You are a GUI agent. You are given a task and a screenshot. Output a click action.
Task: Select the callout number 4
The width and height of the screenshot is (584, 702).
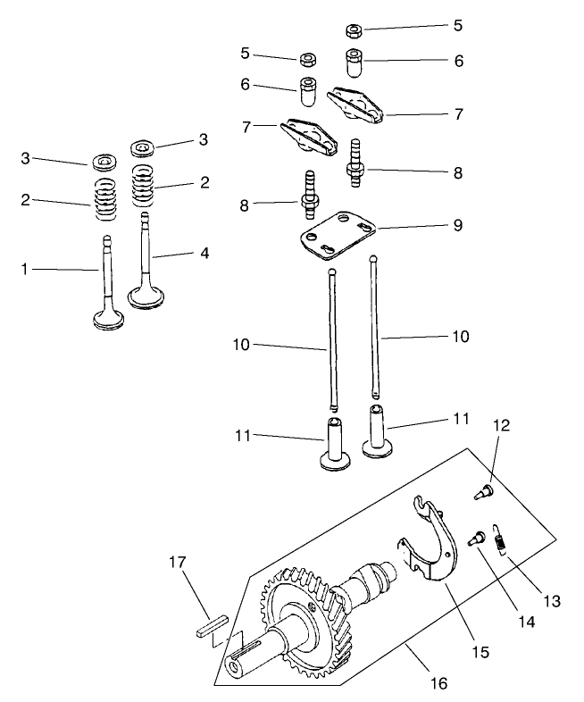(204, 253)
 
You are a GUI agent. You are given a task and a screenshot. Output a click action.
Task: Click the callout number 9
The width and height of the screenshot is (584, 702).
(457, 226)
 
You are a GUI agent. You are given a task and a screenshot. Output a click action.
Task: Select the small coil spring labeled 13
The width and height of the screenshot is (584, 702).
(502, 541)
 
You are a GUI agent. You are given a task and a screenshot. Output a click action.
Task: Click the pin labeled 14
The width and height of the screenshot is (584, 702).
(474, 538)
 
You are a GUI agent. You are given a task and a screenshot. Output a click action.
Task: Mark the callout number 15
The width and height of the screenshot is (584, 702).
(480, 652)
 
